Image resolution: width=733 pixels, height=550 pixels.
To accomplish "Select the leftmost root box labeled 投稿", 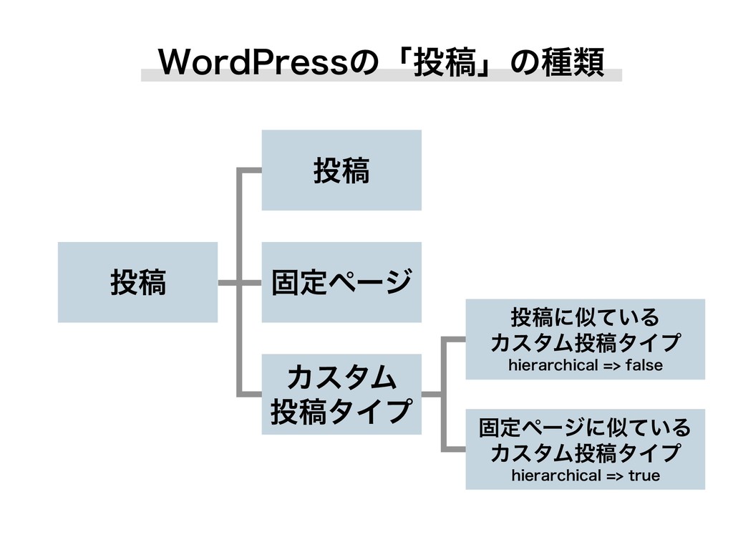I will [137, 282].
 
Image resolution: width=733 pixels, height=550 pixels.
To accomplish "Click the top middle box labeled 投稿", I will [341, 170].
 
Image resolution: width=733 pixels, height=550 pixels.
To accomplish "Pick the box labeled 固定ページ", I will [341, 282].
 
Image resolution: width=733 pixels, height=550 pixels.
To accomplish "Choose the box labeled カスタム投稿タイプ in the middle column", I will [341, 394].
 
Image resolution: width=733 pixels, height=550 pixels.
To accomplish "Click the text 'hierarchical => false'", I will [585, 366].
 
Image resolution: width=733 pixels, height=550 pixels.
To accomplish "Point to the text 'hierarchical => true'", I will [585, 476].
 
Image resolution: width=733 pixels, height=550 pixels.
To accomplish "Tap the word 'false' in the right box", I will [644, 366].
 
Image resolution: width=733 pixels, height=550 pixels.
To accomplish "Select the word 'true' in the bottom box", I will [641, 476].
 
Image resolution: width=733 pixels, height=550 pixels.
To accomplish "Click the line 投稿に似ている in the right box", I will [585, 316].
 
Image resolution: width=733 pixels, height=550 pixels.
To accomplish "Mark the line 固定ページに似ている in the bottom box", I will [585, 428].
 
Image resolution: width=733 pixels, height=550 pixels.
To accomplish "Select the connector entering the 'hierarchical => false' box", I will [455, 338].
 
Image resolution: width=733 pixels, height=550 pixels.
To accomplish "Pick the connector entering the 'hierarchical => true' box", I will [455, 449].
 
